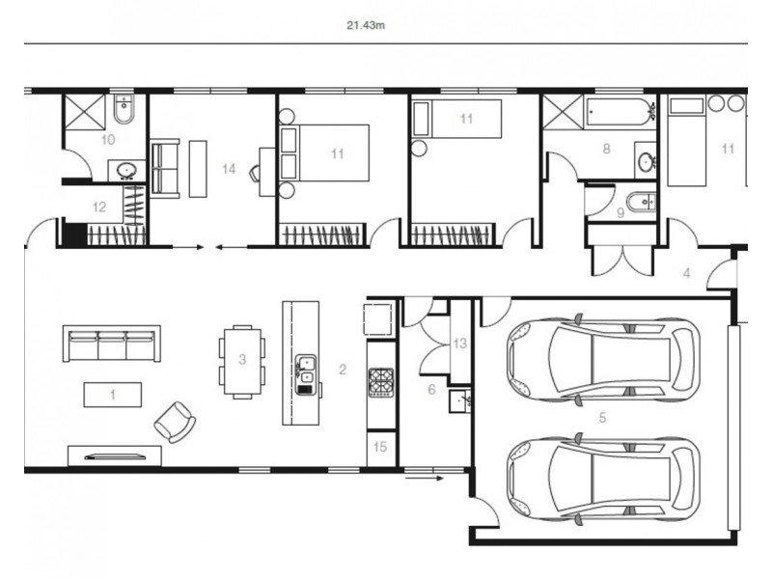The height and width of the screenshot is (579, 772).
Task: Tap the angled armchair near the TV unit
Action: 176,421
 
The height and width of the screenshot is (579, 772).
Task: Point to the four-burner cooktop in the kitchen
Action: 380,381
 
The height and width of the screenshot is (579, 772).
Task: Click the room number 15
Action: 380,446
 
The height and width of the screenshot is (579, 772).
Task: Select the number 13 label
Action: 459,344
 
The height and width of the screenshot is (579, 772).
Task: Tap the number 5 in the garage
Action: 602,418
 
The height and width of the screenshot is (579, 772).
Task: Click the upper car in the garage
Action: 602,358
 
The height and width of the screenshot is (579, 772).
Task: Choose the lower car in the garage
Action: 602,480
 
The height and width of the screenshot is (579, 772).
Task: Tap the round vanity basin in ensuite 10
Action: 125,172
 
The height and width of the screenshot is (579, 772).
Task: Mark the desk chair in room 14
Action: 255,173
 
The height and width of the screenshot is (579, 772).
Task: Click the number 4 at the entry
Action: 686,273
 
